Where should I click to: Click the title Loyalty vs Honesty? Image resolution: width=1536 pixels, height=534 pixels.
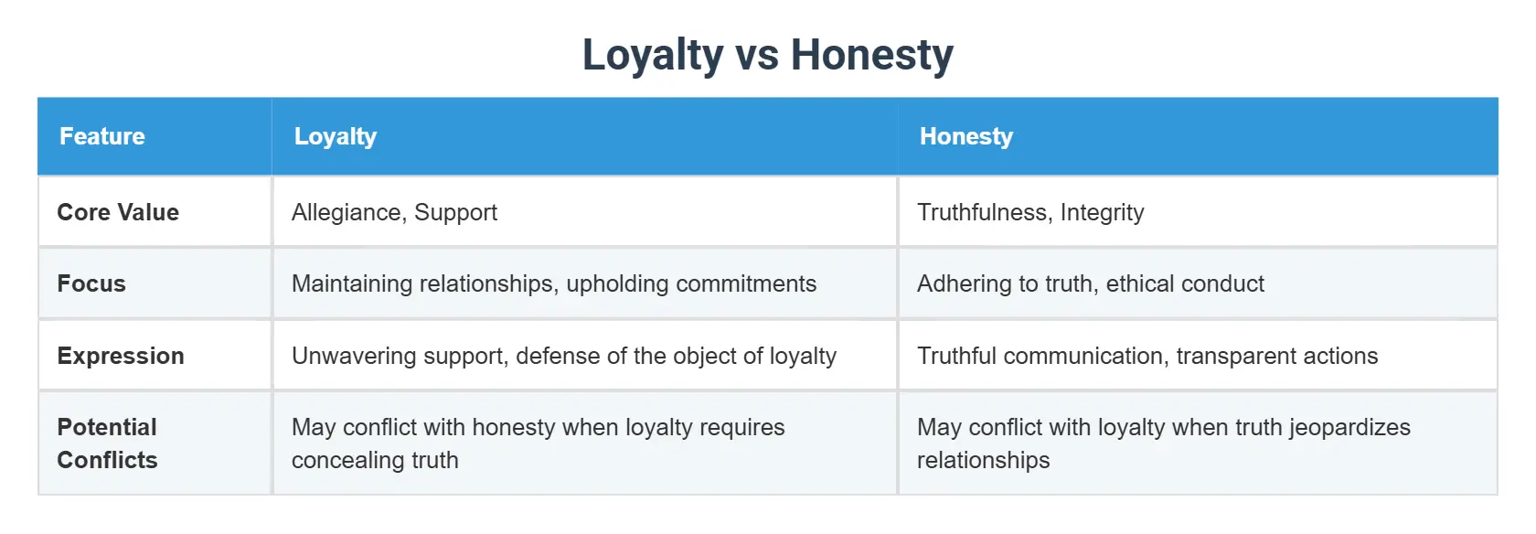(x=767, y=55)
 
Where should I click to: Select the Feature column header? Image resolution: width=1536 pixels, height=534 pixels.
(x=102, y=136)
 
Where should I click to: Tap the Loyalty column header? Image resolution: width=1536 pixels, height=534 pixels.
(x=336, y=136)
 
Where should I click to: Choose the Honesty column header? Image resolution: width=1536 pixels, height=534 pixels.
(x=966, y=136)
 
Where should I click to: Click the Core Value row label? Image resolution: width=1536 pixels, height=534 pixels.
(x=118, y=212)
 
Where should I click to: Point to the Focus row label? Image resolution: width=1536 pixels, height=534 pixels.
(x=91, y=283)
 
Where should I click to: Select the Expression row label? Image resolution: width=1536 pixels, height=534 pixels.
(x=121, y=356)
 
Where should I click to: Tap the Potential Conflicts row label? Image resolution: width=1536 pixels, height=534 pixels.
(x=108, y=443)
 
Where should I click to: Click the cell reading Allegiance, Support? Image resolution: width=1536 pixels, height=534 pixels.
(x=394, y=212)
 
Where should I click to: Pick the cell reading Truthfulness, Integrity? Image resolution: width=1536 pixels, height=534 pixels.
(x=1030, y=212)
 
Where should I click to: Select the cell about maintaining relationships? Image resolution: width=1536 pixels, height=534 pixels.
(x=554, y=283)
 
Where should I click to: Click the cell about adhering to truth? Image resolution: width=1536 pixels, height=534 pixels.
(x=1091, y=283)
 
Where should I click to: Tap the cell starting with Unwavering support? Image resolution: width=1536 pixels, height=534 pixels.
(x=564, y=356)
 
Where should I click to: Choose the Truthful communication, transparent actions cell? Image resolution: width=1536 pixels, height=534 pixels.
(x=1147, y=356)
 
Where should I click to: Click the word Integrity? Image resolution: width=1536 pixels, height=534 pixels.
(x=1102, y=212)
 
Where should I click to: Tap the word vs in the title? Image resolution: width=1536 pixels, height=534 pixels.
(x=757, y=55)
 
